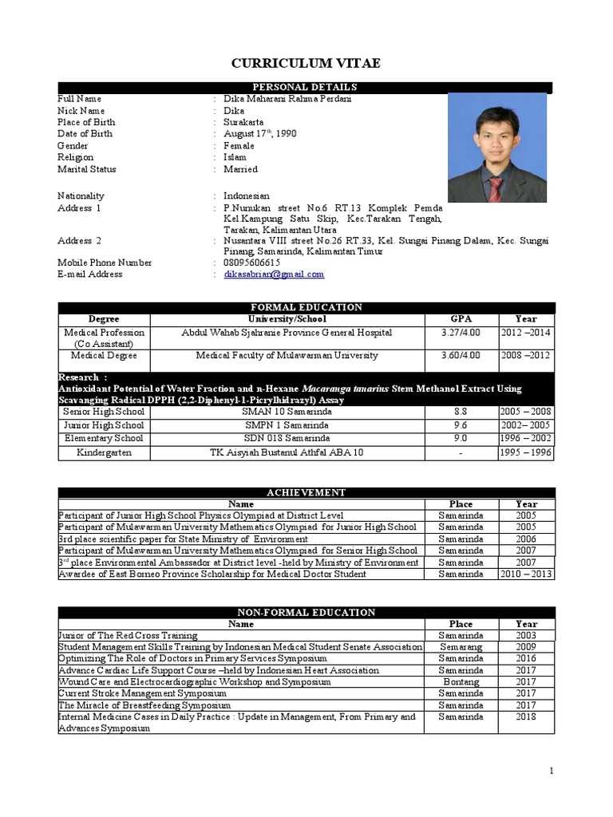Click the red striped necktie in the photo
click(496, 188)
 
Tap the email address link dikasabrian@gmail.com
click(274, 274)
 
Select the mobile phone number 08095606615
click(251, 262)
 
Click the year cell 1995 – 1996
click(526, 452)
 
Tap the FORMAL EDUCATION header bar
click(306, 308)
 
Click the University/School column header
click(287, 319)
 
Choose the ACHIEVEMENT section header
click(306, 493)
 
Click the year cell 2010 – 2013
click(526, 574)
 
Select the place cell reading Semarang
click(461, 647)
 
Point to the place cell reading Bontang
click(461, 682)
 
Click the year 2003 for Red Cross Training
click(526, 635)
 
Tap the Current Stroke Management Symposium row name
click(142, 694)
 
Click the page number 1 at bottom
click(550, 770)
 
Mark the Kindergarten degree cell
click(105, 452)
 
